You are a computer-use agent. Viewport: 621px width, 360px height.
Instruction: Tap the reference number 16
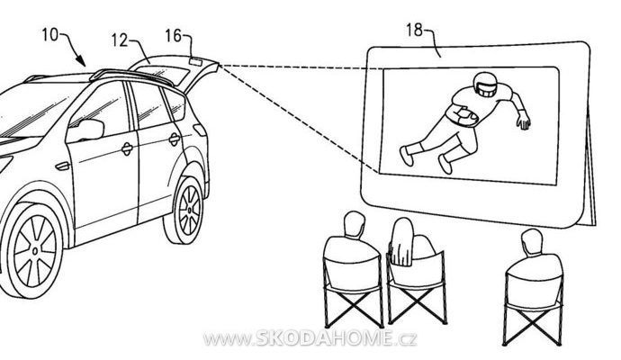pyautogui.click(x=173, y=36)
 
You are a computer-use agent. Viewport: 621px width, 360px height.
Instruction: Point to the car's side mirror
pyautogui.click(x=90, y=129)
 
